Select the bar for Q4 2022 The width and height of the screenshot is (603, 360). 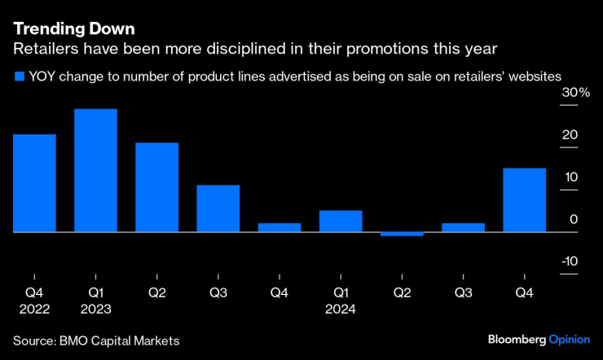tap(34, 183)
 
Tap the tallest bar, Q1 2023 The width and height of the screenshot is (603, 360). tap(95, 171)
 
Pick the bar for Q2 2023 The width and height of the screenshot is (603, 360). tap(156, 187)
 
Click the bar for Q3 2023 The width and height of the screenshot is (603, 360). tap(218, 209)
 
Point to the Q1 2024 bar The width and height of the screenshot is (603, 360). tap(341, 222)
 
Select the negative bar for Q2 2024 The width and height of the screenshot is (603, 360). tap(402, 235)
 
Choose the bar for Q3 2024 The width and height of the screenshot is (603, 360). tap(463, 228)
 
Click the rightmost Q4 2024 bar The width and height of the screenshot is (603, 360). tap(524, 200)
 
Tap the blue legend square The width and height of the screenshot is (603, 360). tap(19, 77)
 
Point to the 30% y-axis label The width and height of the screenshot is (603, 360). tap(574, 94)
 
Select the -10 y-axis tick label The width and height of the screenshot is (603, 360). tap(569, 261)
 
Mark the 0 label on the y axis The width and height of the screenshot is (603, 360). tap(574, 220)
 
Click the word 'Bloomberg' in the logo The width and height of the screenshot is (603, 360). tap(517, 339)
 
